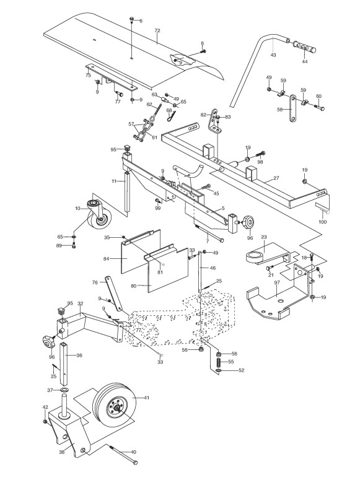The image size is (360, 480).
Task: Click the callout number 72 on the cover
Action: pyautogui.click(x=157, y=30)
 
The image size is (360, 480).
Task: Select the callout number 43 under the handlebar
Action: pyautogui.click(x=273, y=55)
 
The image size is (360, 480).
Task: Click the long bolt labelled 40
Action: pyautogui.click(x=123, y=453)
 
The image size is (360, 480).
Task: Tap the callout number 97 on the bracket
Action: pyautogui.click(x=277, y=282)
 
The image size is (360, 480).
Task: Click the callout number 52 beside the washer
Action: pyautogui.click(x=242, y=370)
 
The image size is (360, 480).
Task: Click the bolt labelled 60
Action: pyautogui.click(x=319, y=107)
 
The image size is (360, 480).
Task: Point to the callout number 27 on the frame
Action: pyautogui.click(x=276, y=178)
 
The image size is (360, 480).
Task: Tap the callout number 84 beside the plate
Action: pyautogui.click(x=107, y=259)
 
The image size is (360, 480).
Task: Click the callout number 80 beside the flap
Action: pyautogui.click(x=133, y=286)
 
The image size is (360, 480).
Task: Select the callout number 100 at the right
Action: pyautogui.click(x=323, y=222)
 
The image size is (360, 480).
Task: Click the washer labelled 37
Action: pyautogui.click(x=64, y=390)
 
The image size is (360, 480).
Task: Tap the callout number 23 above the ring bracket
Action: pyautogui.click(x=264, y=237)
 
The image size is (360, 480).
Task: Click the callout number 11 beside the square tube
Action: pyautogui.click(x=114, y=181)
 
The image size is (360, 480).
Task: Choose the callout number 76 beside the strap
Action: pyautogui.click(x=95, y=282)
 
